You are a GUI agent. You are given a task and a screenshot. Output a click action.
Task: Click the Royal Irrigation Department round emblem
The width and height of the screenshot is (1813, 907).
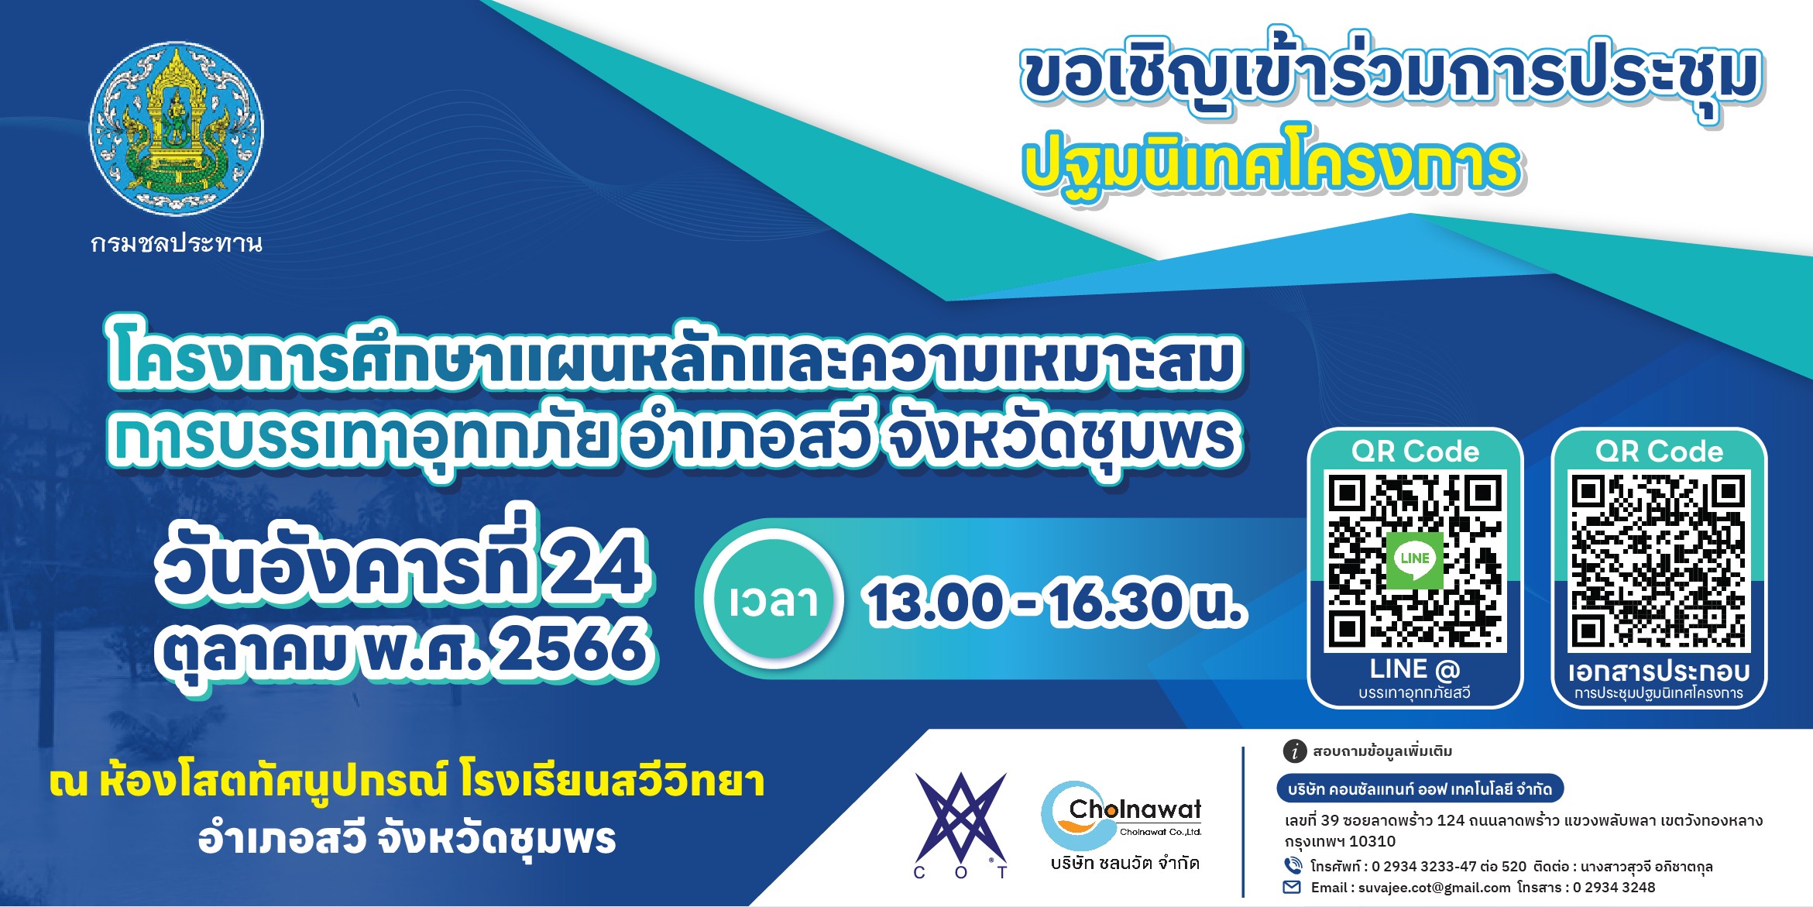(177, 129)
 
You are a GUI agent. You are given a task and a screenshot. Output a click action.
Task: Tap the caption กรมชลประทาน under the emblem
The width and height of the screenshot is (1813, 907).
(177, 243)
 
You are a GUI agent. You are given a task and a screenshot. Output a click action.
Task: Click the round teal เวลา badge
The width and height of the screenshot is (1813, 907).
(774, 600)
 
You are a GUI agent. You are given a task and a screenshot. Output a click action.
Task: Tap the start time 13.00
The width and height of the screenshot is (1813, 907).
(934, 603)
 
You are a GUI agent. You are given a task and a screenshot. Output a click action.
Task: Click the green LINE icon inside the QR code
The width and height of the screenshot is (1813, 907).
(1415, 560)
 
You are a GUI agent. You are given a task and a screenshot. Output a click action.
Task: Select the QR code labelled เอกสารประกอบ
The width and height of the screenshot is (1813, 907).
(1659, 560)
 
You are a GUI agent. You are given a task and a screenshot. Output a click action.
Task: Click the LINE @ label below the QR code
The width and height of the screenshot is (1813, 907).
(1414, 668)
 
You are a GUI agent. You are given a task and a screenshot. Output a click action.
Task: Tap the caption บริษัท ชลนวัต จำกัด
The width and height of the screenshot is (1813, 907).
(1125, 863)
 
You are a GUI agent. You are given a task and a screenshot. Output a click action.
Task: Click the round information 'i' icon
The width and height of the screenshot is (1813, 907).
(1295, 751)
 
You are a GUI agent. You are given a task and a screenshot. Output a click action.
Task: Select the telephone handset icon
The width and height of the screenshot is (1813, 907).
(1293, 865)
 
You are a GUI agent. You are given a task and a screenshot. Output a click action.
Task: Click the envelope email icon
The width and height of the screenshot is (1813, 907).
(1293, 888)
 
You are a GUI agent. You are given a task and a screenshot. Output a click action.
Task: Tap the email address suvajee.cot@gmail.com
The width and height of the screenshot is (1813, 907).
(1434, 888)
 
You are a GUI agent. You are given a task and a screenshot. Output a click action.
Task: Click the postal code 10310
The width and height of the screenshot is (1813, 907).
(1372, 841)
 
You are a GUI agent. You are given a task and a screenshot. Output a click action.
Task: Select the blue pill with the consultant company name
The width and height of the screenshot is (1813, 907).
(1420, 788)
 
